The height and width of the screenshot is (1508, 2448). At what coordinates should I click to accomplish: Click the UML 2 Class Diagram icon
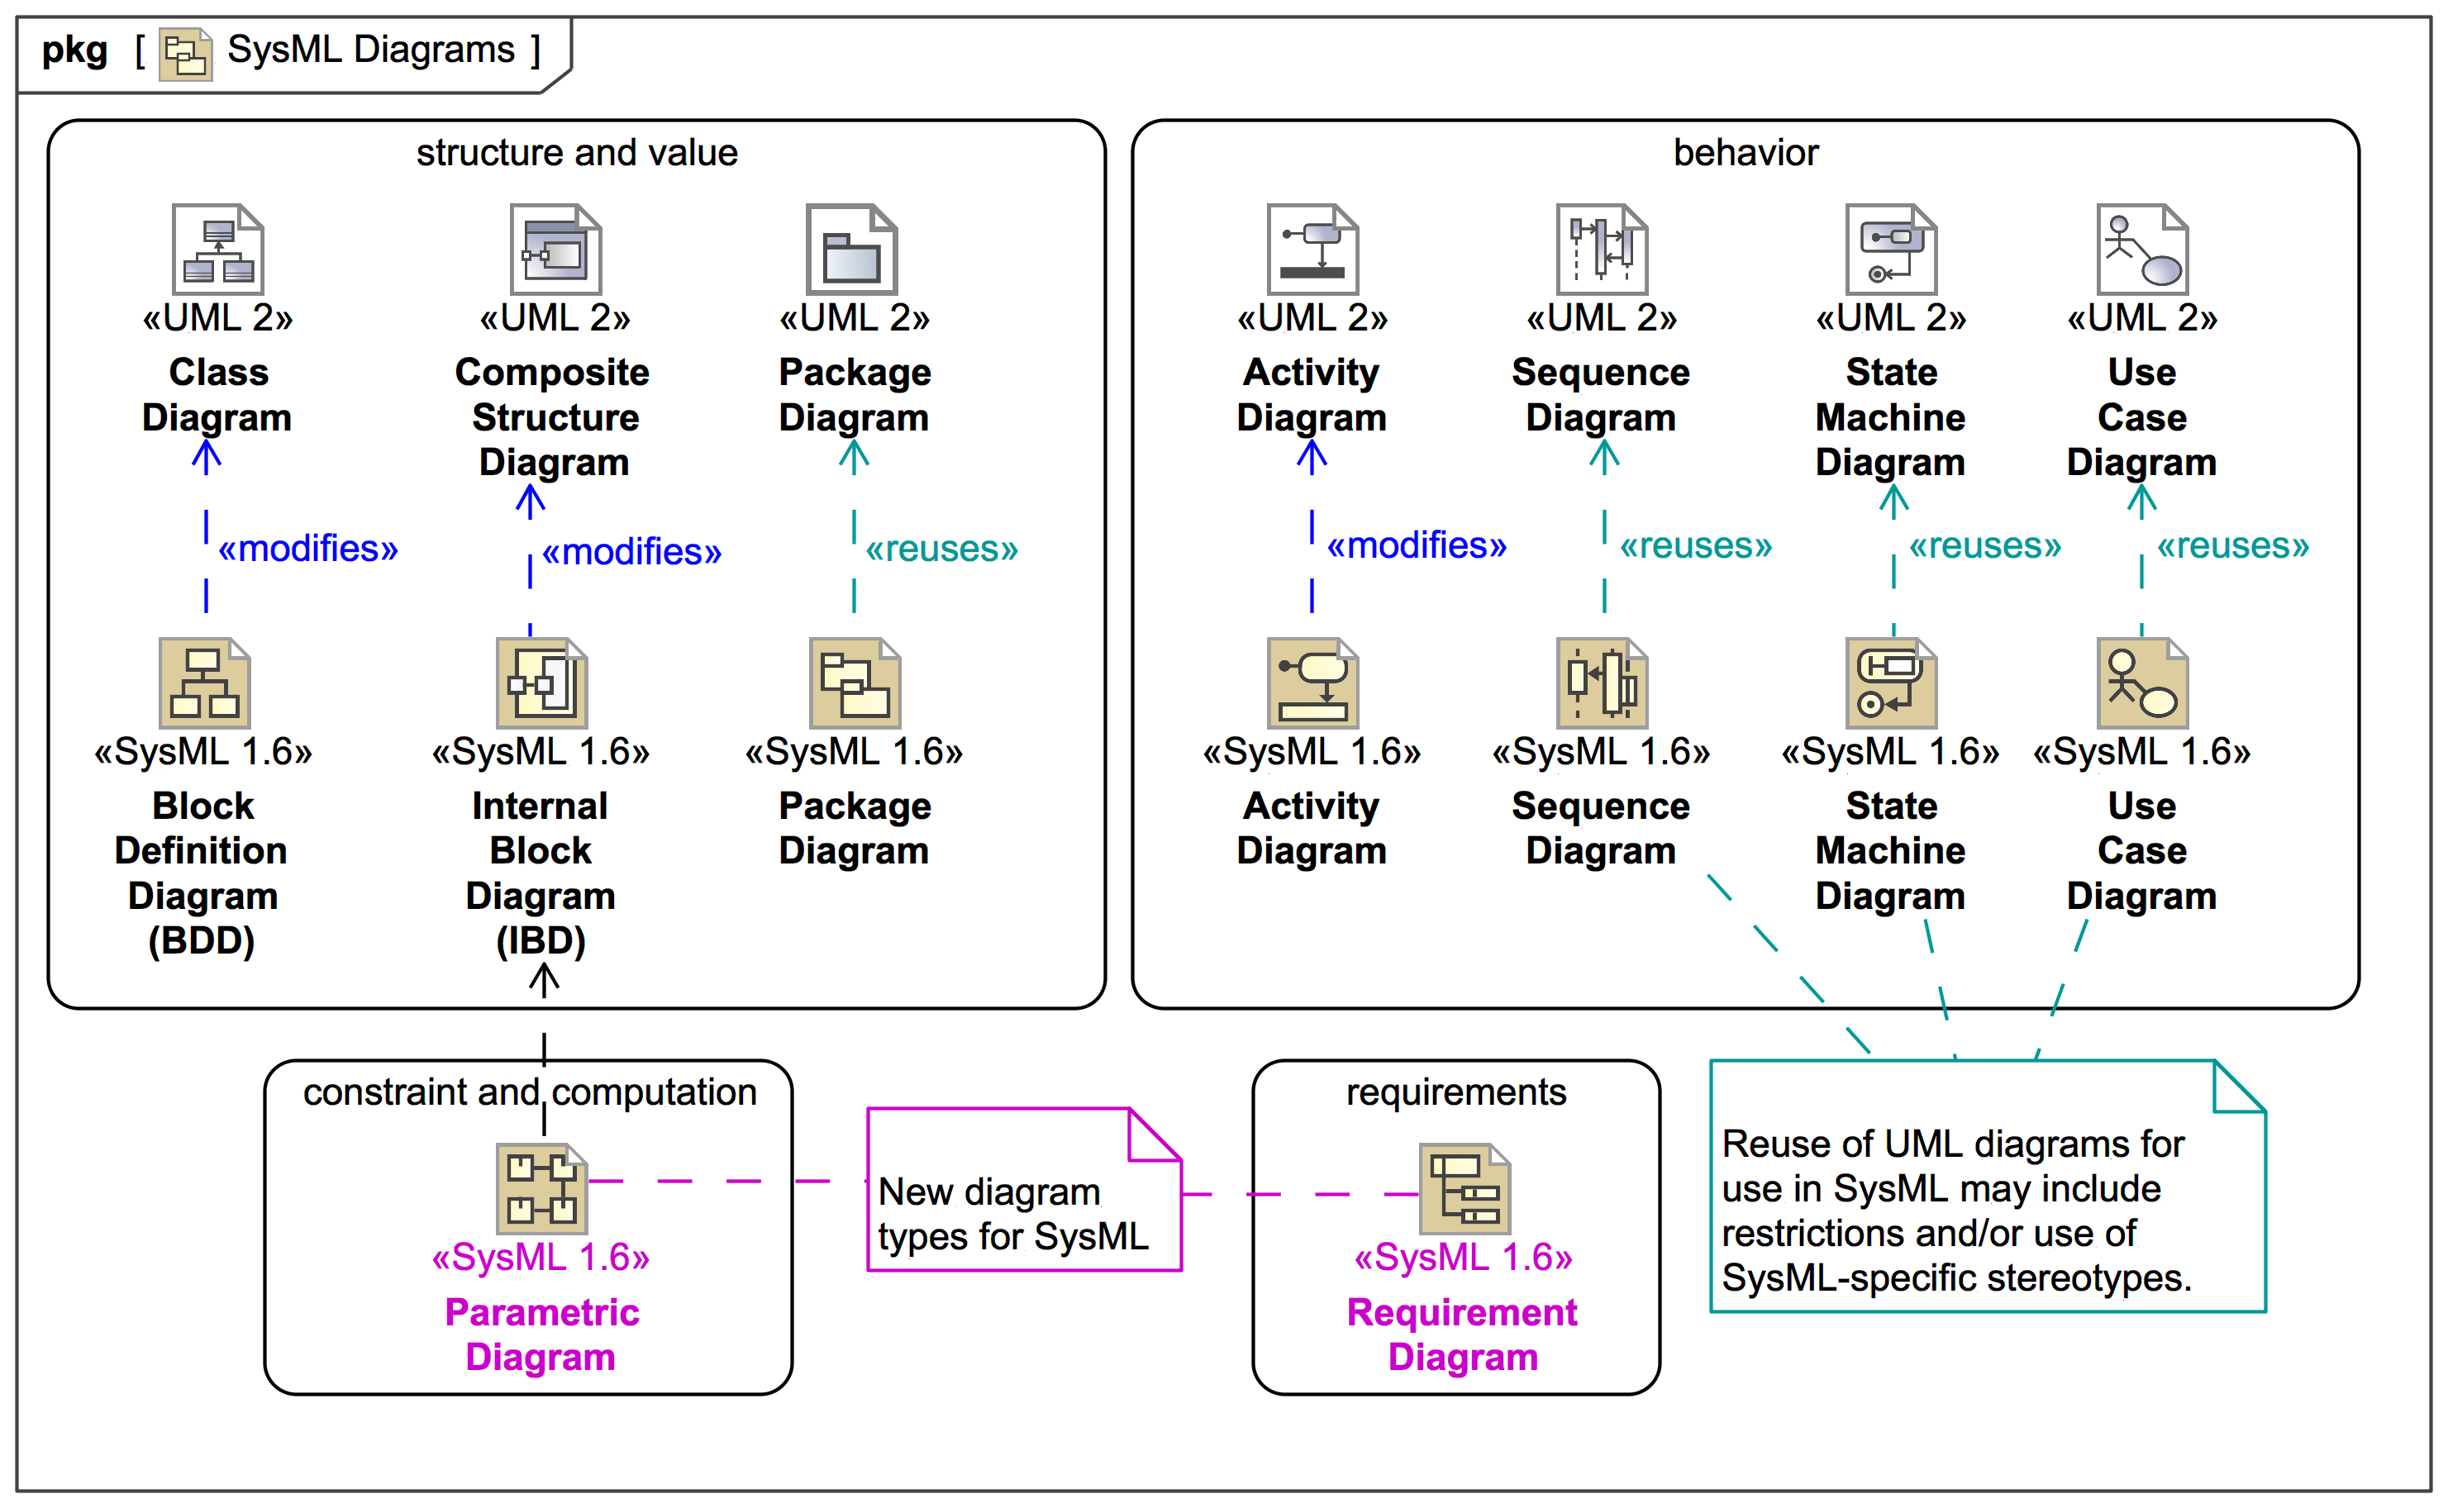click(x=217, y=250)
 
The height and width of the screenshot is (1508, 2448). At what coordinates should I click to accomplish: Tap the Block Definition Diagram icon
click(x=204, y=683)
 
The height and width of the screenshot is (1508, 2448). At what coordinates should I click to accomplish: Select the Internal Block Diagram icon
click(x=541, y=683)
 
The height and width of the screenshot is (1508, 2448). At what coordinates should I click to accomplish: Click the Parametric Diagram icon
click(x=541, y=1188)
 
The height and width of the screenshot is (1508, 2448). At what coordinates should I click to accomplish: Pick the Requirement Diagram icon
click(x=1464, y=1188)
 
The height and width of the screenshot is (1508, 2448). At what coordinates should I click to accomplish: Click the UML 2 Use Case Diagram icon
click(x=2141, y=250)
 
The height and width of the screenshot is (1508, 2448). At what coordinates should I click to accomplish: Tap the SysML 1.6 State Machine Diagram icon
click(x=1890, y=683)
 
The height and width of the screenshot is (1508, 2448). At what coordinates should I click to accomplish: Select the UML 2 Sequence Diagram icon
click(x=1601, y=250)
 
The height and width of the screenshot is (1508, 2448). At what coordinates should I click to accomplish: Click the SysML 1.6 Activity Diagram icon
click(x=1312, y=683)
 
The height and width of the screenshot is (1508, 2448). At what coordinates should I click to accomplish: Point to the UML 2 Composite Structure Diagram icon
click(x=555, y=250)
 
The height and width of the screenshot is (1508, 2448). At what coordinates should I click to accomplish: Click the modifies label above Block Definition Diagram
click(x=307, y=549)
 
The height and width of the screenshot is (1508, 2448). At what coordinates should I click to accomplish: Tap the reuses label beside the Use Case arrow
click(x=2231, y=545)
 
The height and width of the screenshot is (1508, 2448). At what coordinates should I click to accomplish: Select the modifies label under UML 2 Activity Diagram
click(x=1416, y=545)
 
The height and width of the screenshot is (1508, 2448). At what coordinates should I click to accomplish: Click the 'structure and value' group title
click(x=577, y=153)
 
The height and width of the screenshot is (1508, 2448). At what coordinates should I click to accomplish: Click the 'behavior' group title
click(x=1745, y=153)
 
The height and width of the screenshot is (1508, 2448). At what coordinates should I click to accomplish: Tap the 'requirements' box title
click(x=1455, y=1092)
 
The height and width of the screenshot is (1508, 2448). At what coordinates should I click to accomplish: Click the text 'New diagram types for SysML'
click(x=1012, y=1214)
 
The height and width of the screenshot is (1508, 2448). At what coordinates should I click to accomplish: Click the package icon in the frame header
click(x=186, y=54)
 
